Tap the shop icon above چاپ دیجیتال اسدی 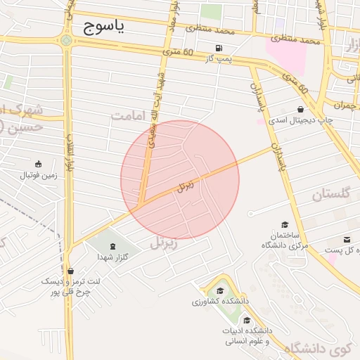tap(301, 110)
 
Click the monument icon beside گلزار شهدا tap(114, 246)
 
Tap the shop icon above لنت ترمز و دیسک tap(70, 271)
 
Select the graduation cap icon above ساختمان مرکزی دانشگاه tap(285, 224)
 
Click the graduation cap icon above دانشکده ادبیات tap(246, 321)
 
